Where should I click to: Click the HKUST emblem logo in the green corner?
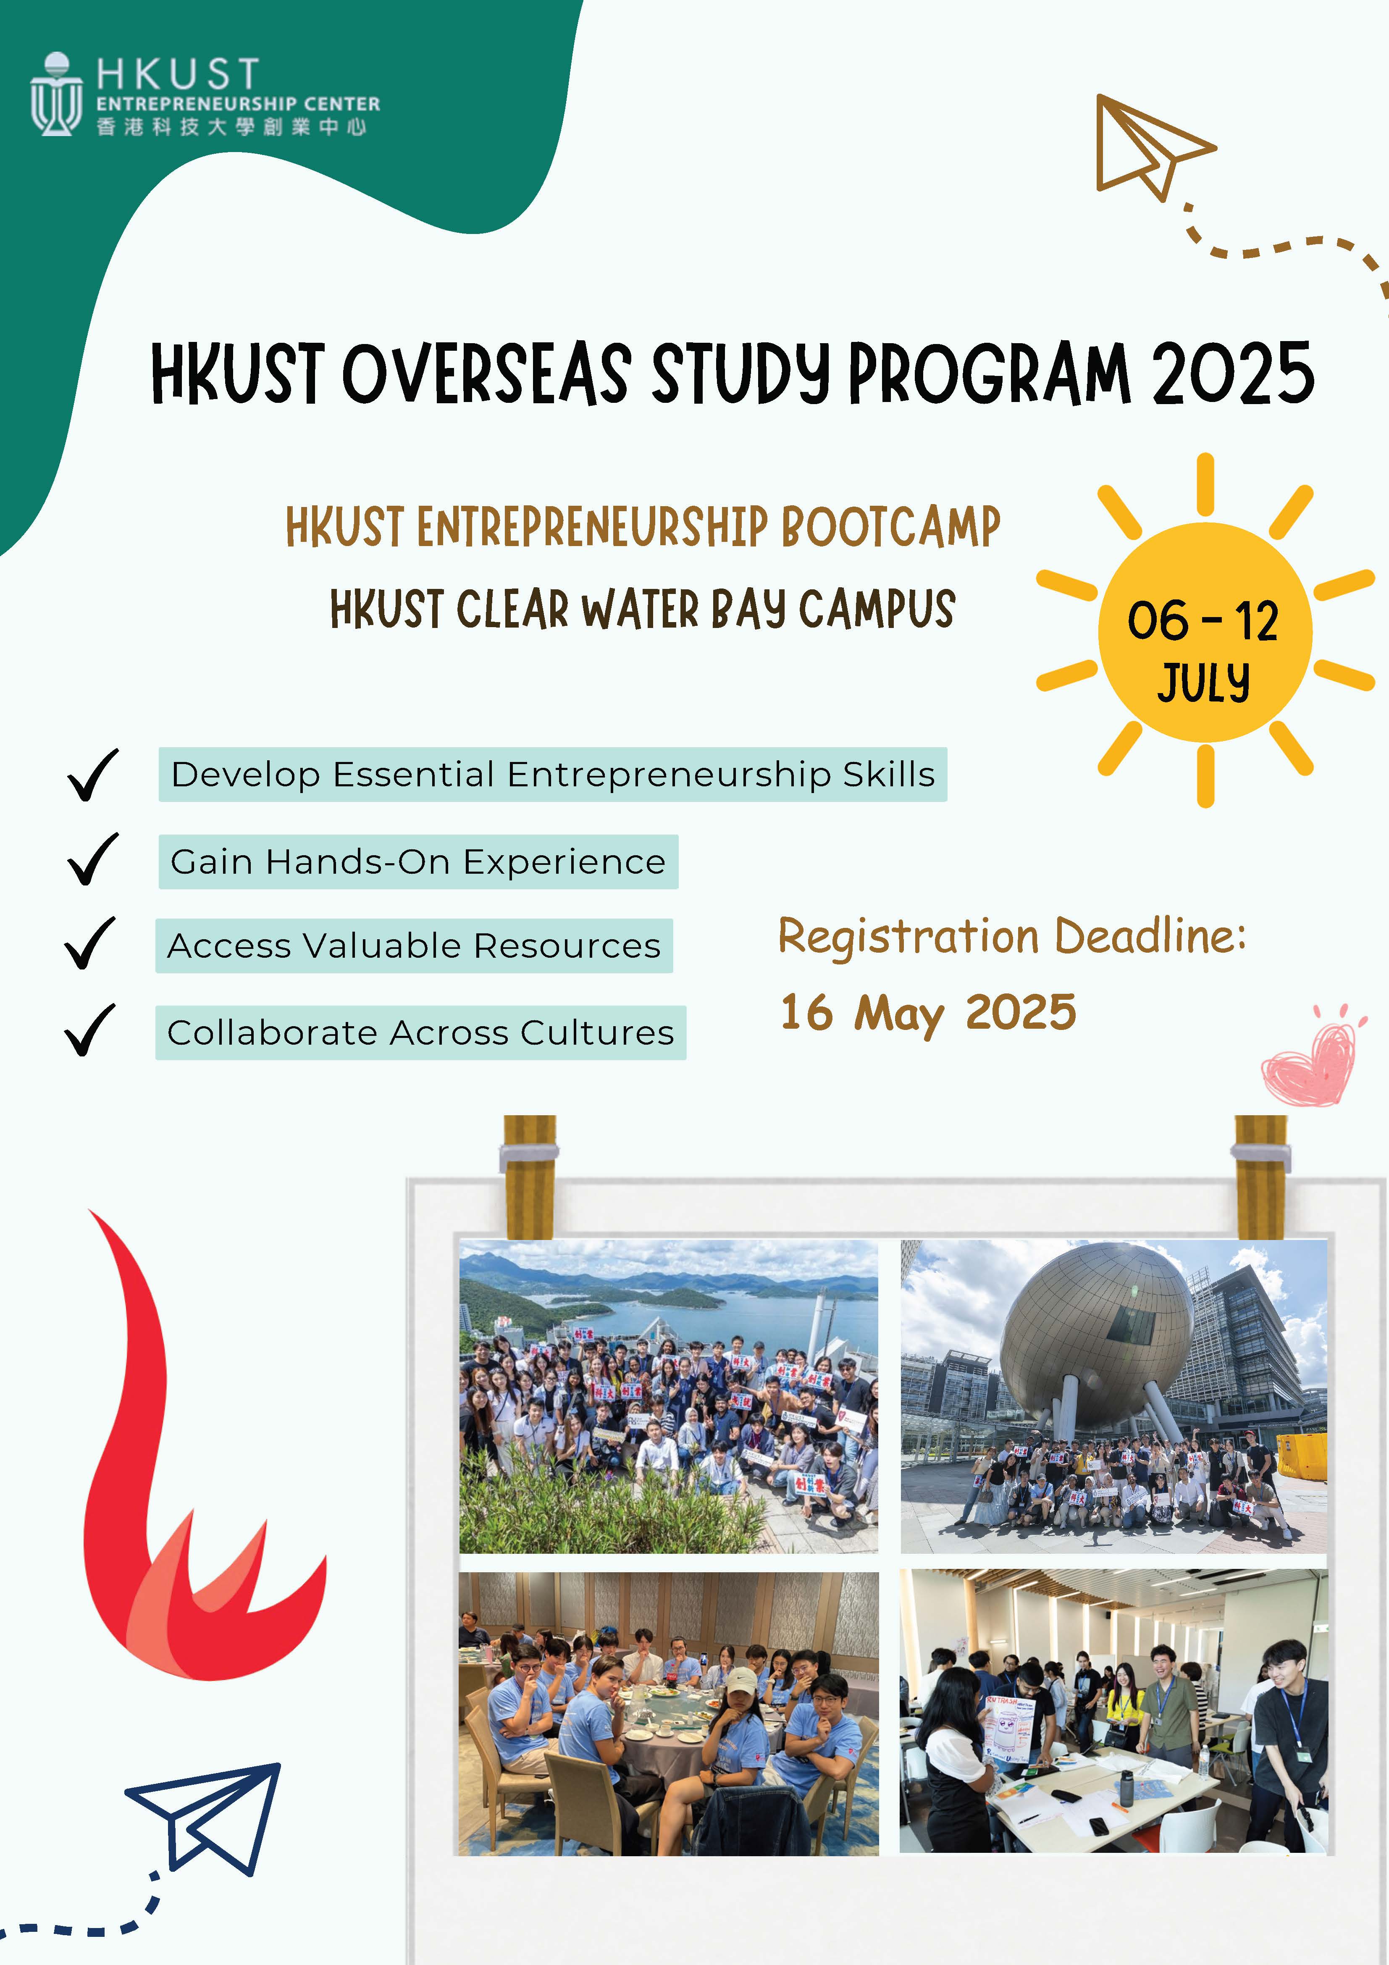point(56,94)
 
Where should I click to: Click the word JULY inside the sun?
point(1204,682)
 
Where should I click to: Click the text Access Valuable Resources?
point(414,946)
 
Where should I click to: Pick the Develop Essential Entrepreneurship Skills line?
point(553,775)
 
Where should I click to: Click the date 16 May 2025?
point(929,1013)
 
